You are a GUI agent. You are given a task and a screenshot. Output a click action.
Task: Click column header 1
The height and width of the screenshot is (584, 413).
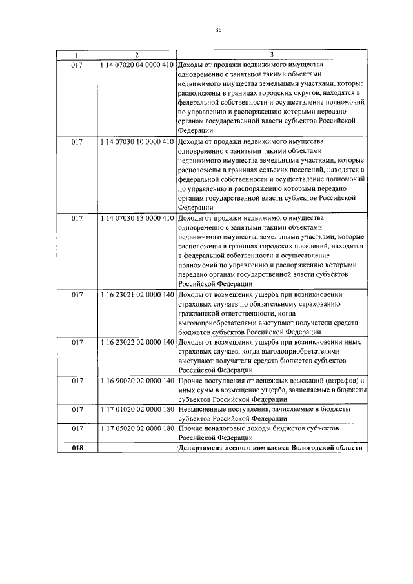pyautogui.click(x=77, y=55)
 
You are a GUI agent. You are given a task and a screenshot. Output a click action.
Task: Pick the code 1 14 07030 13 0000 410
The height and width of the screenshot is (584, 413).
pyautogui.click(x=137, y=218)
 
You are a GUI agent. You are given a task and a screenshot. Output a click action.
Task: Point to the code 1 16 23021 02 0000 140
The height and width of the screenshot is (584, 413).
pyautogui.click(x=137, y=295)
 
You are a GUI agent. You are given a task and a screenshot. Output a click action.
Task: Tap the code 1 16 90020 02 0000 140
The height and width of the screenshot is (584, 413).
pyautogui.click(x=137, y=380)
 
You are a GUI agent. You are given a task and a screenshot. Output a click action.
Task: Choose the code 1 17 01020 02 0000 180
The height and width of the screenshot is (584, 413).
pyautogui.click(x=137, y=409)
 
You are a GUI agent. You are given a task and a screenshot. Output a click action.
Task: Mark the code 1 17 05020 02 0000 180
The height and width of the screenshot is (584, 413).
pyautogui.click(x=137, y=428)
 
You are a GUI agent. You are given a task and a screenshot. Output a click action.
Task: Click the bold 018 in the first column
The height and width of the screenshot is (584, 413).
pyautogui.click(x=77, y=448)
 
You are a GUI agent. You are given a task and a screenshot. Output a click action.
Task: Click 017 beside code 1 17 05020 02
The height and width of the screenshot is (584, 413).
pyautogui.click(x=77, y=428)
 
